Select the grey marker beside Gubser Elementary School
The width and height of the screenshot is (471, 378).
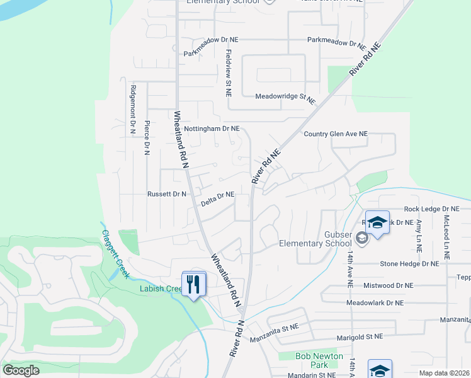[x=362, y=238]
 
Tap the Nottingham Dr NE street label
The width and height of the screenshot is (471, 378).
[x=212, y=129]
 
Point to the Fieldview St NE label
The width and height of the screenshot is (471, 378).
[x=229, y=73]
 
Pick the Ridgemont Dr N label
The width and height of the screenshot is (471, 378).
[x=133, y=110]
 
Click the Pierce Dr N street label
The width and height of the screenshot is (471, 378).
[x=147, y=137]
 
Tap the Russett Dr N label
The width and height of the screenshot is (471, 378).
[x=166, y=194]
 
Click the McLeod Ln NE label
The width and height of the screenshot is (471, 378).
[x=446, y=238]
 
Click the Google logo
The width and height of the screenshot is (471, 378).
[x=21, y=370]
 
